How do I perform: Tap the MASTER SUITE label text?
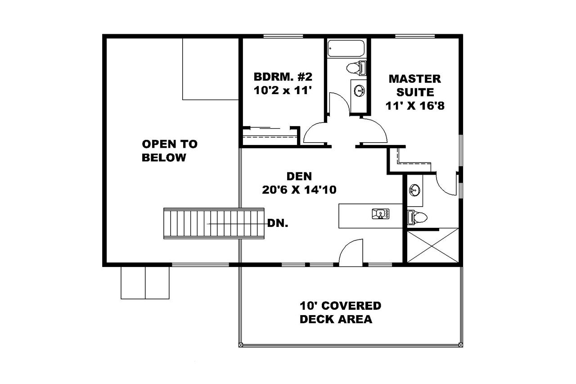click(x=414, y=86)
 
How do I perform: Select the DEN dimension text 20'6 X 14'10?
click(x=299, y=190)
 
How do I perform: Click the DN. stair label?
click(x=278, y=223)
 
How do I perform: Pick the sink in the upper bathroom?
click(x=360, y=90)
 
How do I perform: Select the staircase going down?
click(x=214, y=223)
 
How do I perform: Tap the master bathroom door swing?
click(x=447, y=185)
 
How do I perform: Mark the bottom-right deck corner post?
click(x=460, y=345)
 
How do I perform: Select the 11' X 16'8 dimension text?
click(x=414, y=106)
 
